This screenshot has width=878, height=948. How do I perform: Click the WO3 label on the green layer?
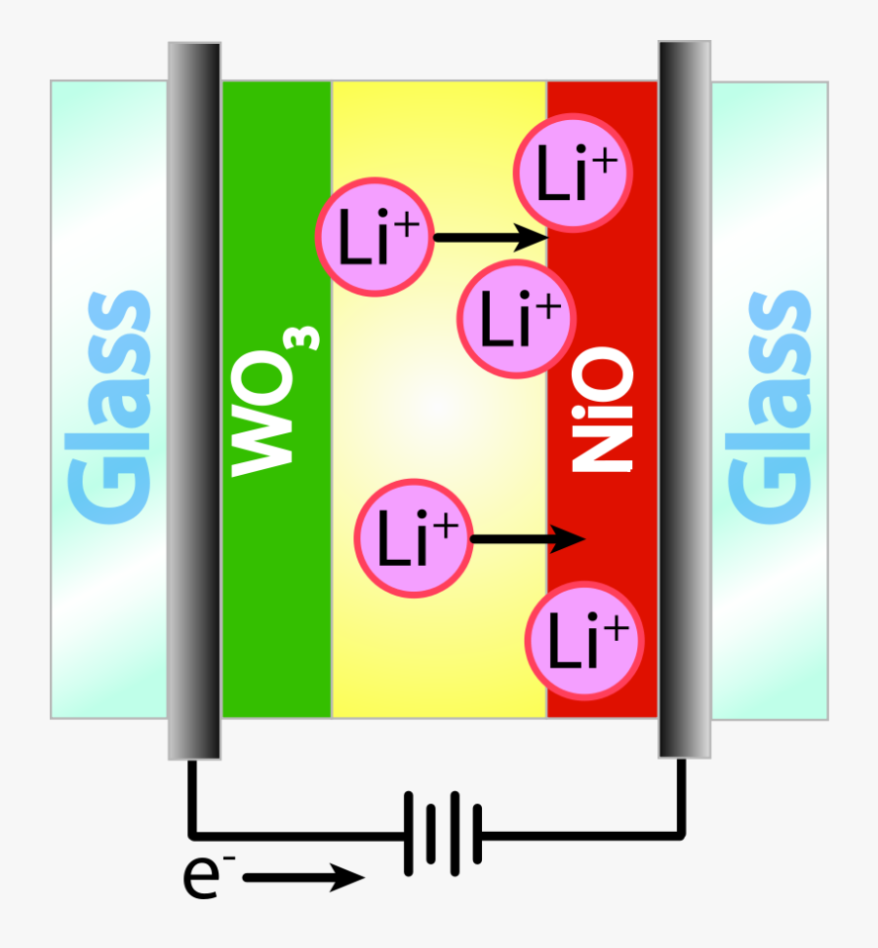tap(275, 402)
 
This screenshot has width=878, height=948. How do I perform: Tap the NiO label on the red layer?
tap(602, 410)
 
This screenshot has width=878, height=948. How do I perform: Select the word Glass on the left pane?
tap(108, 407)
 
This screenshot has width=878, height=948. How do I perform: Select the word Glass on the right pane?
tap(769, 407)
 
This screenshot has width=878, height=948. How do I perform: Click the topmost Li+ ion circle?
tap(574, 173)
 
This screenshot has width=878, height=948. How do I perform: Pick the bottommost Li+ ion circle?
tap(584, 641)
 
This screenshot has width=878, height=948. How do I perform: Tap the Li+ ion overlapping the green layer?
tap(375, 237)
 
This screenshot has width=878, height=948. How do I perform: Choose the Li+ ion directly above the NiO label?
tap(516, 319)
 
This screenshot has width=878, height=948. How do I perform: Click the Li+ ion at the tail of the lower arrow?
tap(413, 538)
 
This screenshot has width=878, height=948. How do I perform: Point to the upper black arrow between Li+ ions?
tap(491, 237)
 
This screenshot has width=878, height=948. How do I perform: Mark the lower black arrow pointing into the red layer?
tap(528, 538)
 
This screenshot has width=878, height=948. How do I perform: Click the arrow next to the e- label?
tap(303, 877)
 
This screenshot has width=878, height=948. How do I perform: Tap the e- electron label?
tap(209, 876)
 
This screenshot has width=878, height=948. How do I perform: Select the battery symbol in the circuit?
tap(443, 834)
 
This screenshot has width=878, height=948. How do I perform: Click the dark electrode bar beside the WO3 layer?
tap(195, 401)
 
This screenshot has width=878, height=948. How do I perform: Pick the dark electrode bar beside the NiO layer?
tap(685, 400)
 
